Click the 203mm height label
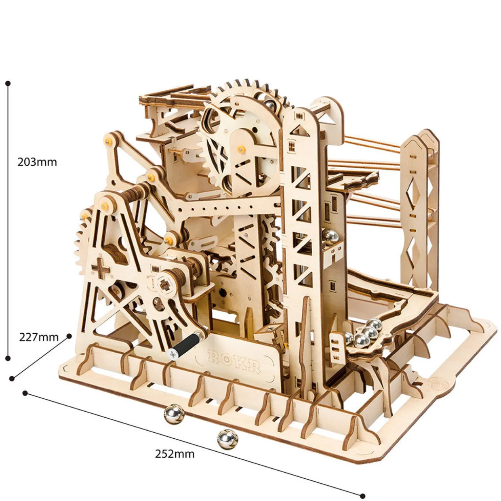pyautogui.click(x=37, y=162)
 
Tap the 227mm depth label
pyautogui.click(x=39, y=337)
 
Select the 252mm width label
pyautogui.click(x=175, y=453)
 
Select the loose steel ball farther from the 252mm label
pyautogui.click(x=174, y=415)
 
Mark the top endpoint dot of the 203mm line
pyautogui.click(x=8, y=84)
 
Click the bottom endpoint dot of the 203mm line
pyautogui.click(x=8, y=358)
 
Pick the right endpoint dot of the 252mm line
pyautogui.click(x=362, y=496)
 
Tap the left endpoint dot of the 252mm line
pyautogui.click(x=25, y=393)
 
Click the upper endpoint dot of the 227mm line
pyautogui.click(x=69, y=335)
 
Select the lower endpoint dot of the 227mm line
pyautogui.click(x=12, y=378)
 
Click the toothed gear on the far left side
pyautogui.click(x=83, y=242)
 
